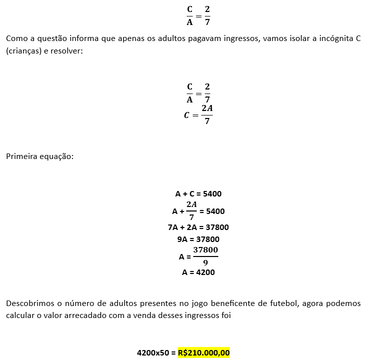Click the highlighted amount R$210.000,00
pos(204,352)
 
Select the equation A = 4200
pos(198,272)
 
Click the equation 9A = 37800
pos(198,239)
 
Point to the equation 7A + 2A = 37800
pos(198,227)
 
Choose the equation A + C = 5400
pos(198,193)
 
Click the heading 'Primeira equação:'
pos(40,156)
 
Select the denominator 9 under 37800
pos(205,263)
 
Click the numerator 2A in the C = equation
pos(207,108)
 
